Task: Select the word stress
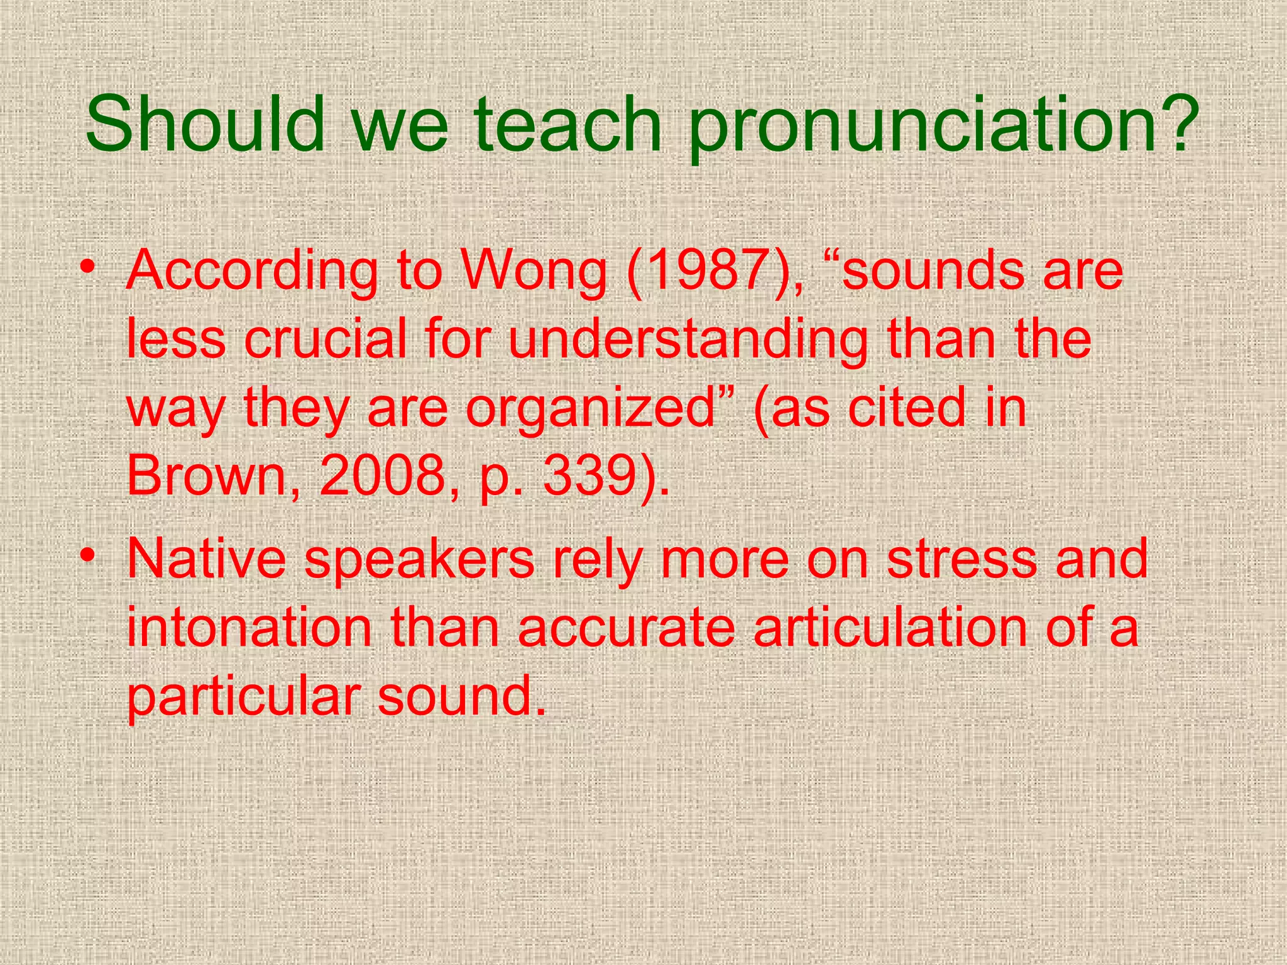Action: tap(961, 559)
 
